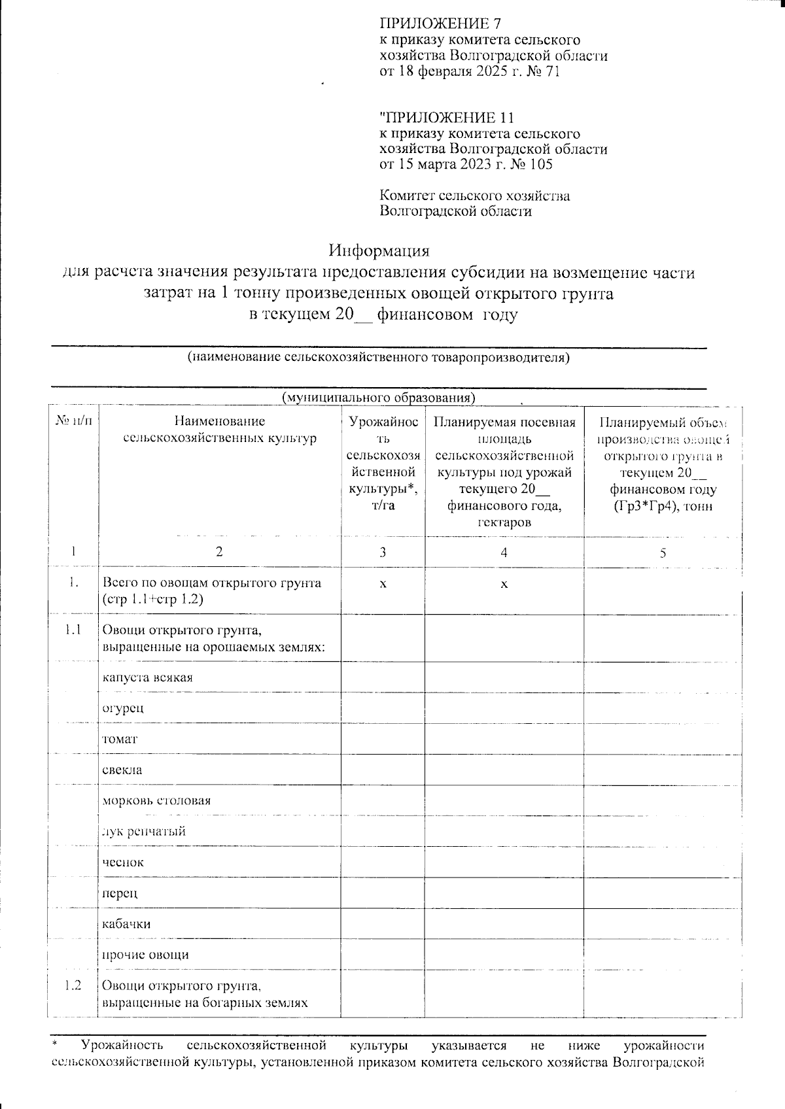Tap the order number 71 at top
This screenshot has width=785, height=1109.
(x=552, y=71)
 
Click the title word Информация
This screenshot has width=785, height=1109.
(x=379, y=251)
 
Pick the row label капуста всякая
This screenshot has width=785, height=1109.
(x=147, y=677)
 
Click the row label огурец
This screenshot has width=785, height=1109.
(x=122, y=708)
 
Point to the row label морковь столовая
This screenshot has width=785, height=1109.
(x=156, y=800)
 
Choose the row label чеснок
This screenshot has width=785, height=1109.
(x=123, y=862)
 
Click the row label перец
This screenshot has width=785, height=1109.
(x=120, y=893)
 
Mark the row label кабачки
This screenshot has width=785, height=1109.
(x=126, y=924)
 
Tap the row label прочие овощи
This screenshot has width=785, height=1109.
(x=145, y=955)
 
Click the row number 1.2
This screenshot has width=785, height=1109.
(x=73, y=985)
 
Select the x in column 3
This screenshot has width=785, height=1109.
(x=383, y=583)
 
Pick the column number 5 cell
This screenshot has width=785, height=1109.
(x=663, y=553)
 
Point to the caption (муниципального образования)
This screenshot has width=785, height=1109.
(x=378, y=398)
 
